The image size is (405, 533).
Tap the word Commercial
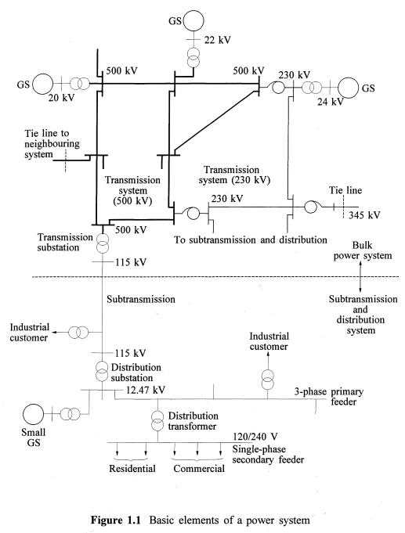click(197, 469)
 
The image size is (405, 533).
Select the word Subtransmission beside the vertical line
click(144, 299)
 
